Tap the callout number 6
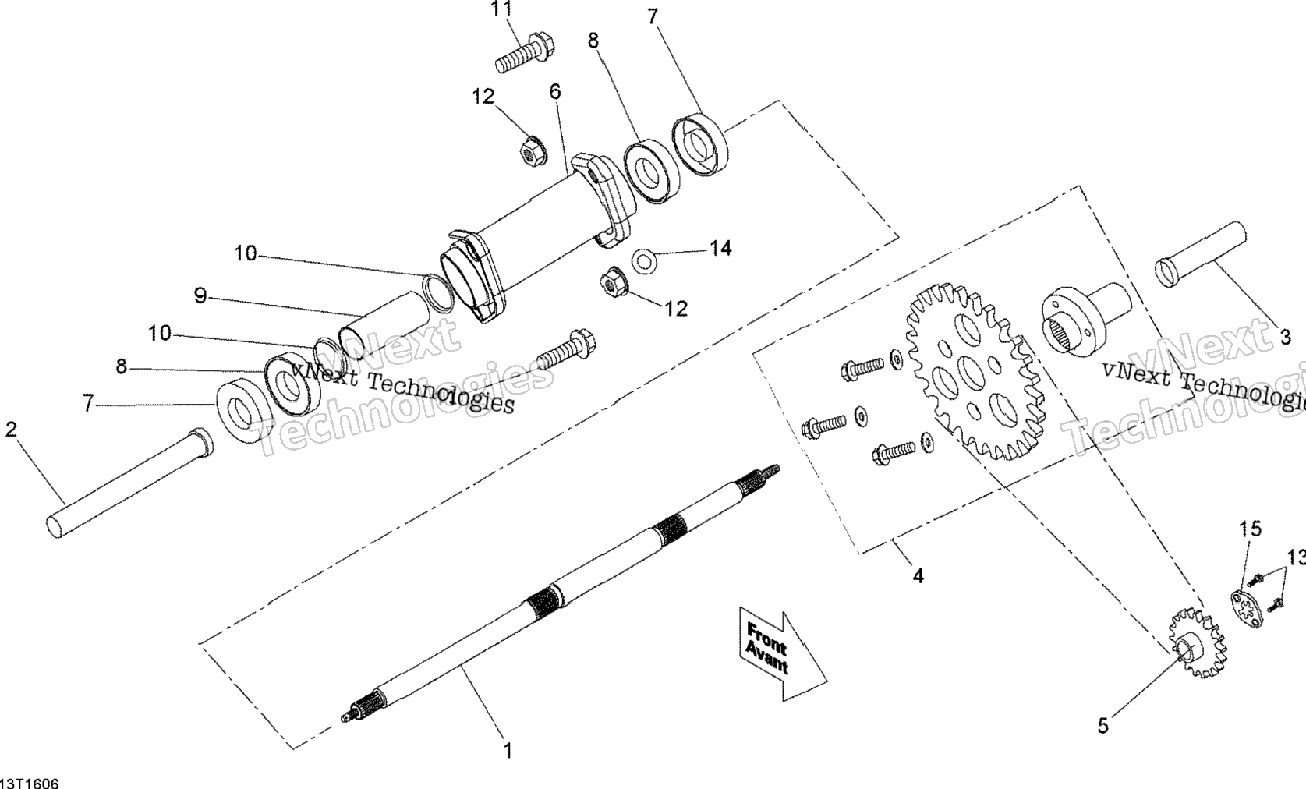(554, 92)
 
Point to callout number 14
(721, 249)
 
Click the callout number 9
(200, 296)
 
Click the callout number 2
(11, 430)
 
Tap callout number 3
(1285, 337)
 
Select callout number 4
(918, 576)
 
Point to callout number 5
(1102, 726)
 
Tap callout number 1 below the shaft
(508, 751)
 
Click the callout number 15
(1250, 529)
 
